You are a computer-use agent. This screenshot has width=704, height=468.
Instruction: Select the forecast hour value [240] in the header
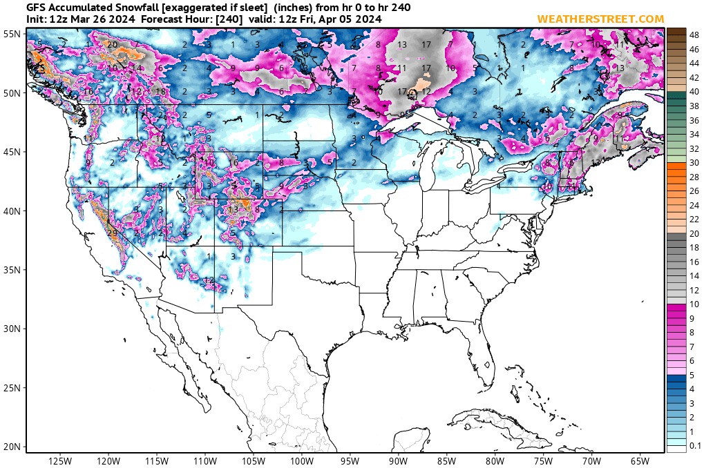[x=229, y=19]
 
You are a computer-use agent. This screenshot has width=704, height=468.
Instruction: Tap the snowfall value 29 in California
[x=111, y=233]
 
